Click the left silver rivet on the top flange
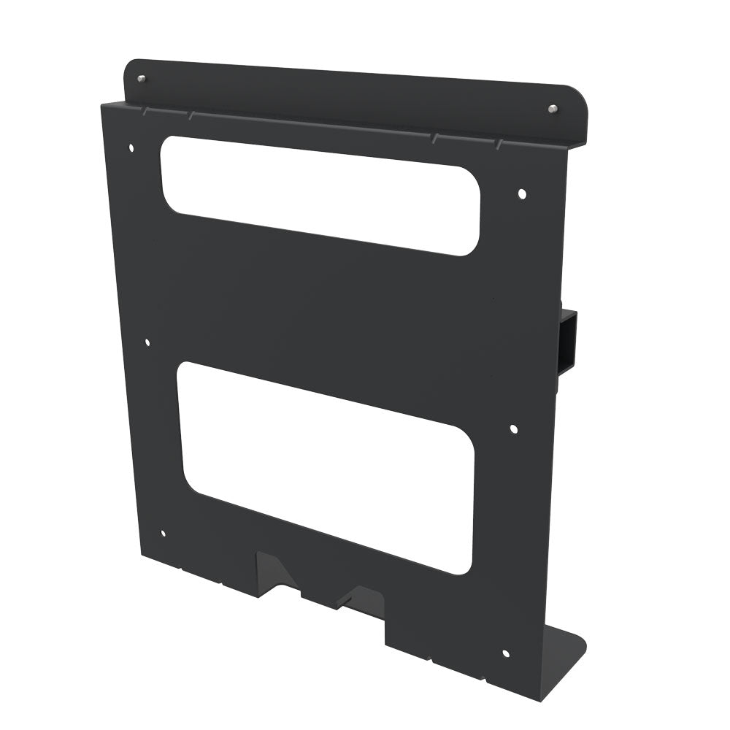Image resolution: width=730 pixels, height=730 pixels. point(141,78)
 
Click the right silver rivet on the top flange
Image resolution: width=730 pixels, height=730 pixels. point(552,109)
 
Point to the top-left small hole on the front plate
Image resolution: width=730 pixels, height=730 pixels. point(131,147)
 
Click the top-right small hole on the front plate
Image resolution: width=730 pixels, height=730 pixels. point(521,193)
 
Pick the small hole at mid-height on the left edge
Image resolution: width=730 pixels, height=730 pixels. point(147,342)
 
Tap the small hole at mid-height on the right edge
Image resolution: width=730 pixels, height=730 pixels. point(513,429)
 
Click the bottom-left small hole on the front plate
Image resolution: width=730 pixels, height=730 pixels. point(162,534)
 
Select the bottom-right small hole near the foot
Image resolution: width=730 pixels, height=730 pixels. point(505,653)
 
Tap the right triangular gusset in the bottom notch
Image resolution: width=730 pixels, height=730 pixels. point(358,596)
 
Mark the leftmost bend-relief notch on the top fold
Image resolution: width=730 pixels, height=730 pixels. point(145,110)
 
